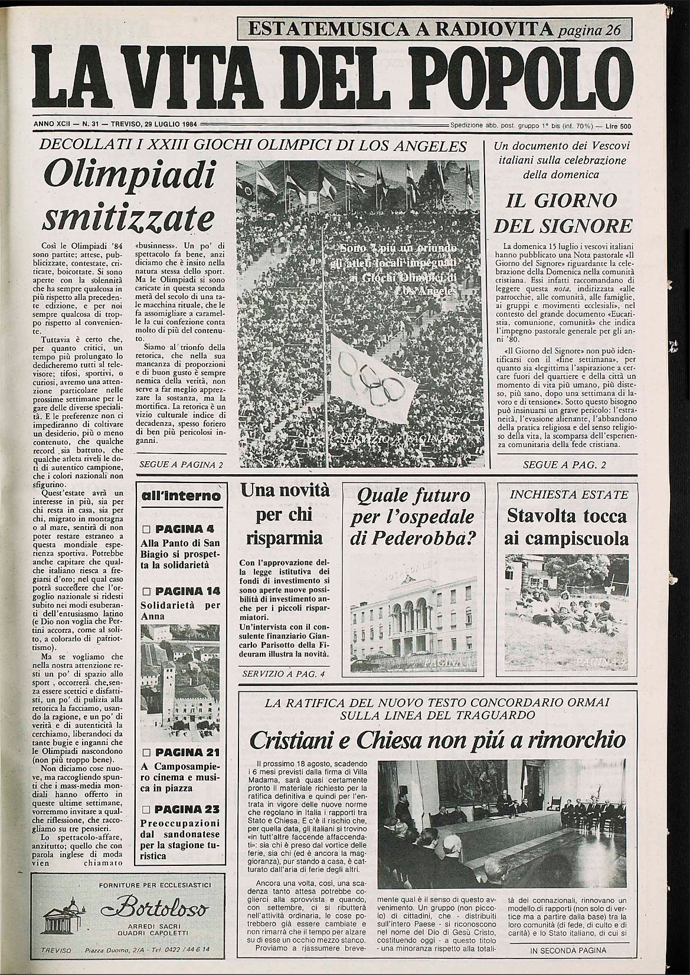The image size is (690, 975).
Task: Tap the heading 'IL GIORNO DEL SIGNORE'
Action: [x=563, y=213]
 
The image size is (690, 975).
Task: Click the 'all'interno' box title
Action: [x=182, y=495]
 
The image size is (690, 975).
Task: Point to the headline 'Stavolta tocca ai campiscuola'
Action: [x=567, y=527]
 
